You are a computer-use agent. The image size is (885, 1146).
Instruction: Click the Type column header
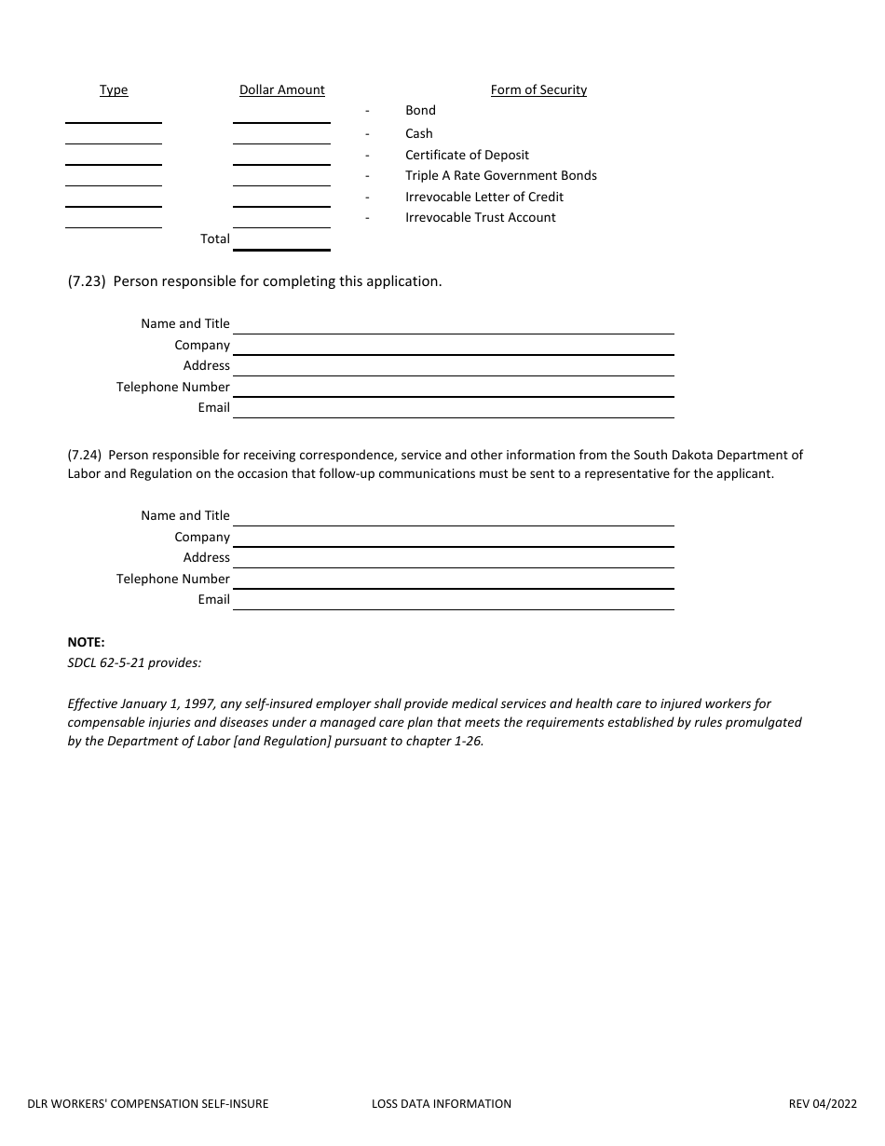click(x=114, y=90)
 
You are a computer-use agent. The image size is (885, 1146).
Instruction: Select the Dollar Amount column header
click(x=282, y=90)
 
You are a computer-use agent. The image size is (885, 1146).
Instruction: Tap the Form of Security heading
click(x=538, y=90)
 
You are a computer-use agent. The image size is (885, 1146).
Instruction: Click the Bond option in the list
click(x=420, y=111)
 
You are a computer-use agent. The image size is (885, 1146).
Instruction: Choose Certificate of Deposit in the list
click(x=467, y=155)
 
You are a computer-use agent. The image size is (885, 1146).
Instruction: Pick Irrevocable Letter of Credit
click(x=483, y=197)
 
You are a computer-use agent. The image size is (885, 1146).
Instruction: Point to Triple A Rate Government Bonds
click(x=500, y=175)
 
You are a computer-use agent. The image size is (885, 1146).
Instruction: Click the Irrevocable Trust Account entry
click(x=480, y=217)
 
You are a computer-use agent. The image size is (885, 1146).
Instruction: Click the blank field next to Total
click(x=281, y=239)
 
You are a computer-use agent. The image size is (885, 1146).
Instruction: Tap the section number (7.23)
click(x=86, y=281)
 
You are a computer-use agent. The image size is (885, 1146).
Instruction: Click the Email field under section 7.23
click(x=453, y=408)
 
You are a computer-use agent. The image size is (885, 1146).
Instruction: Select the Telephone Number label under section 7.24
click(x=173, y=579)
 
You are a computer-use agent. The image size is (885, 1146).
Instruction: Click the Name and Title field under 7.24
click(x=453, y=516)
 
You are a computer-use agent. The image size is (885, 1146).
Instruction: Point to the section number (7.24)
click(x=86, y=456)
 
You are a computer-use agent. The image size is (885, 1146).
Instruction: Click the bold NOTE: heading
click(x=87, y=642)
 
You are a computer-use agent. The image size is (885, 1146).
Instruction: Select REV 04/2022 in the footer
click(x=822, y=1104)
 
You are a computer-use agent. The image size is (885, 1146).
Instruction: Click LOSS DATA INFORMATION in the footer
click(x=441, y=1104)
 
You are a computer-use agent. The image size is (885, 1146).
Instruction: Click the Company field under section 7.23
click(x=453, y=346)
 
